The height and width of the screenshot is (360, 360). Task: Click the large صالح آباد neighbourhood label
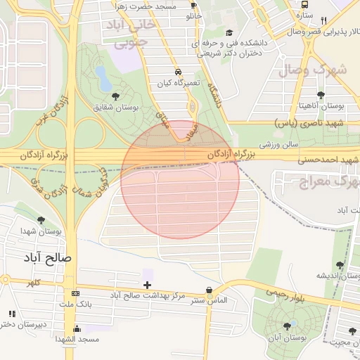[49, 257]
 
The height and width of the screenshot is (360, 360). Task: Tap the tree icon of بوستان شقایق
[115, 96]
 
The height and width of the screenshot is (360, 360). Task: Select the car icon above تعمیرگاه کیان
[179, 72]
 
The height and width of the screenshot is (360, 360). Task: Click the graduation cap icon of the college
[229, 32]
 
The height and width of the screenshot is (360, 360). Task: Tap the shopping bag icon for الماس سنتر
[209, 290]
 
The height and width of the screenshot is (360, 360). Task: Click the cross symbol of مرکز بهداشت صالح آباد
[147, 285]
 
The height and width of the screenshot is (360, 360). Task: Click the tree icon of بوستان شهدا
[41, 220]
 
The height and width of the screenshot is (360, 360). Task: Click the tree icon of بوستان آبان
[287, 326]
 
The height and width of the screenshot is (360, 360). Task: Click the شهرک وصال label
[313, 70]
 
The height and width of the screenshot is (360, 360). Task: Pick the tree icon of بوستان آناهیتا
[321, 95]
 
